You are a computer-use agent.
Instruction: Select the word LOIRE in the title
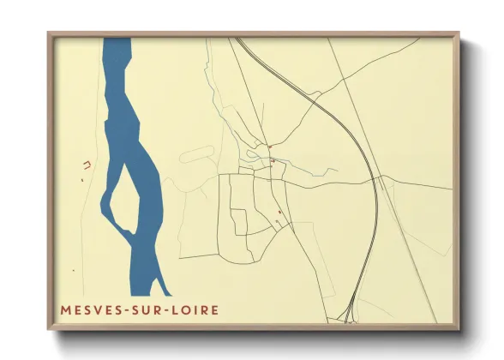pos(193,309)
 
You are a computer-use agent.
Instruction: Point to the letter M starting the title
pos(65,309)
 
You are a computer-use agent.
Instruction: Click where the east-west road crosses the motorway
pos(375,179)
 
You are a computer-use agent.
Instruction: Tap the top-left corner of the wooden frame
pos(50,35)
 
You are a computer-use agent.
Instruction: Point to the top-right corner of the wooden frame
pos(459,35)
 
